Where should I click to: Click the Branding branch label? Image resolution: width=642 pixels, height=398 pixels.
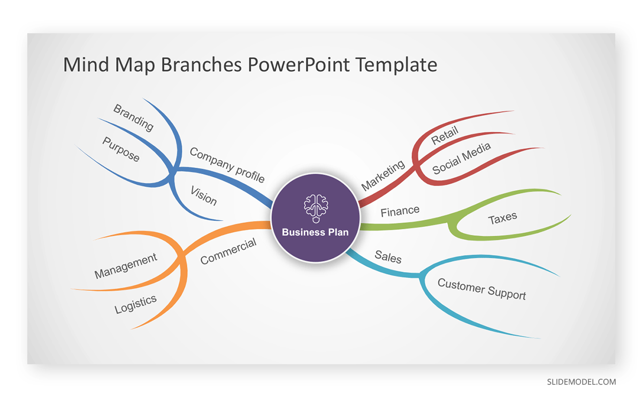tap(133, 118)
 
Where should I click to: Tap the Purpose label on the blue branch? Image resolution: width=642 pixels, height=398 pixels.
tap(121, 149)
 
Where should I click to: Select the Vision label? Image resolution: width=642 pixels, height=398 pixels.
tap(203, 196)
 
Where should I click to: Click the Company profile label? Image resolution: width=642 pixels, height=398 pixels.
tap(227, 164)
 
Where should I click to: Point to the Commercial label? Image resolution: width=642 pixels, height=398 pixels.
tap(228, 251)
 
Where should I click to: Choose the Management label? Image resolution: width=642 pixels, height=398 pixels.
tap(126, 266)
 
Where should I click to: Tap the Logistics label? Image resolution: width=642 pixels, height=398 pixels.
tap(135, 304)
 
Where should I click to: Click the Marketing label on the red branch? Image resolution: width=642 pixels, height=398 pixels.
tap(383, 175)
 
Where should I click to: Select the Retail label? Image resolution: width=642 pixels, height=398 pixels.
tap(445, 136)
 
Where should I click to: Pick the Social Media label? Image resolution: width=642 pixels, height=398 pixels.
tap(461, 159)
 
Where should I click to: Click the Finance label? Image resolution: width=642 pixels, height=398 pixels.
tap(400, 211)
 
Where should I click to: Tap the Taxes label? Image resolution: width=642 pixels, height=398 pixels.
tap(502, 218)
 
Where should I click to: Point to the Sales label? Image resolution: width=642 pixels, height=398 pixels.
tap(388, 257)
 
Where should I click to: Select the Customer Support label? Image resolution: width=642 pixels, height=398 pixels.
tap(481, 289)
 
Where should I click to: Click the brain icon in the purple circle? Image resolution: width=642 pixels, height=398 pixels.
tap(316, 208)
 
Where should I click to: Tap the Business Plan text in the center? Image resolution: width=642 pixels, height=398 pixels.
tap(315, 232)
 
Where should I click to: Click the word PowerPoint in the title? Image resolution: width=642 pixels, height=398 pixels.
tap(299, 64)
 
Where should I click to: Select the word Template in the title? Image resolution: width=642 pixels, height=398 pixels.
tap(396, 65)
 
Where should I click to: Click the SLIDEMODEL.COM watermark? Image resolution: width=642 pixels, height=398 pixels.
tap(581, 382)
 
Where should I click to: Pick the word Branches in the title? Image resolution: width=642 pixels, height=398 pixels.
tap(201, 64)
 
